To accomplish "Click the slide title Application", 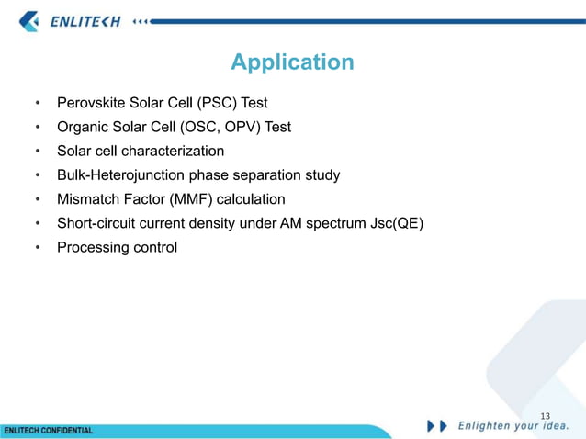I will pos(292,62).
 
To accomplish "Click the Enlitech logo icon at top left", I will pos(29,20).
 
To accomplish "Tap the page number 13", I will pos(546,416).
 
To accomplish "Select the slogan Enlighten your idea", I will pos(513,425).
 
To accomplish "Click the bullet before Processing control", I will pos(38,248).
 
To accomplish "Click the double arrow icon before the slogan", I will pos(437,425).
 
